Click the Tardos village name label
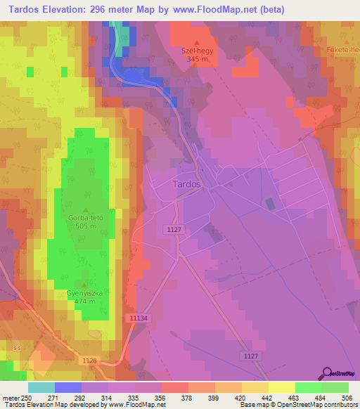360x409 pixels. pos(186,184)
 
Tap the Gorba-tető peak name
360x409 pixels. pos(86,218)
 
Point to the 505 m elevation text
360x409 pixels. pos(86,226)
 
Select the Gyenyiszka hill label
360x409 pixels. pos(86,292)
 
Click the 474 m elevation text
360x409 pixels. pos(86,301)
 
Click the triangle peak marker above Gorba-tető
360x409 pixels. pos(86,209)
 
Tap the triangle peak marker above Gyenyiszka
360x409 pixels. pos(86,283)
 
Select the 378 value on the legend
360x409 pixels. pos(188,398)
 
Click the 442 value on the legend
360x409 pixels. pos(268,398)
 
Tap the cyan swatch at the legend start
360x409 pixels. pos(41,387)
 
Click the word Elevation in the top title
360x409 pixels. pos(67,10)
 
